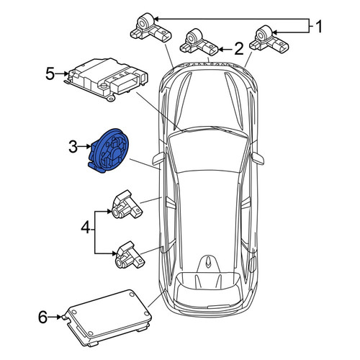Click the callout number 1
click(319, 27)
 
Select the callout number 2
click(238, 49)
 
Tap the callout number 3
click(73, 147)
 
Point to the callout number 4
click(86, 228)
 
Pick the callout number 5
click(50, 74)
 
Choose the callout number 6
click(42, 317)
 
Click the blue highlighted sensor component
click(109, 150)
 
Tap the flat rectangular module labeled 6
click(107, 318)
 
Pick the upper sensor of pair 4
click(127, 204)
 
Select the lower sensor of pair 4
click(130, 255)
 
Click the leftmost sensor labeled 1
click(151, 29)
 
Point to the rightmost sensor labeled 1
click(269, 40)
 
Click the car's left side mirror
click(158, 158)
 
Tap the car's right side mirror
click(258, 158)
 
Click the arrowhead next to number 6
click(59, 317)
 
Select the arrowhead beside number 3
click(89, 146)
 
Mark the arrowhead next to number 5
click(66, 74)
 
